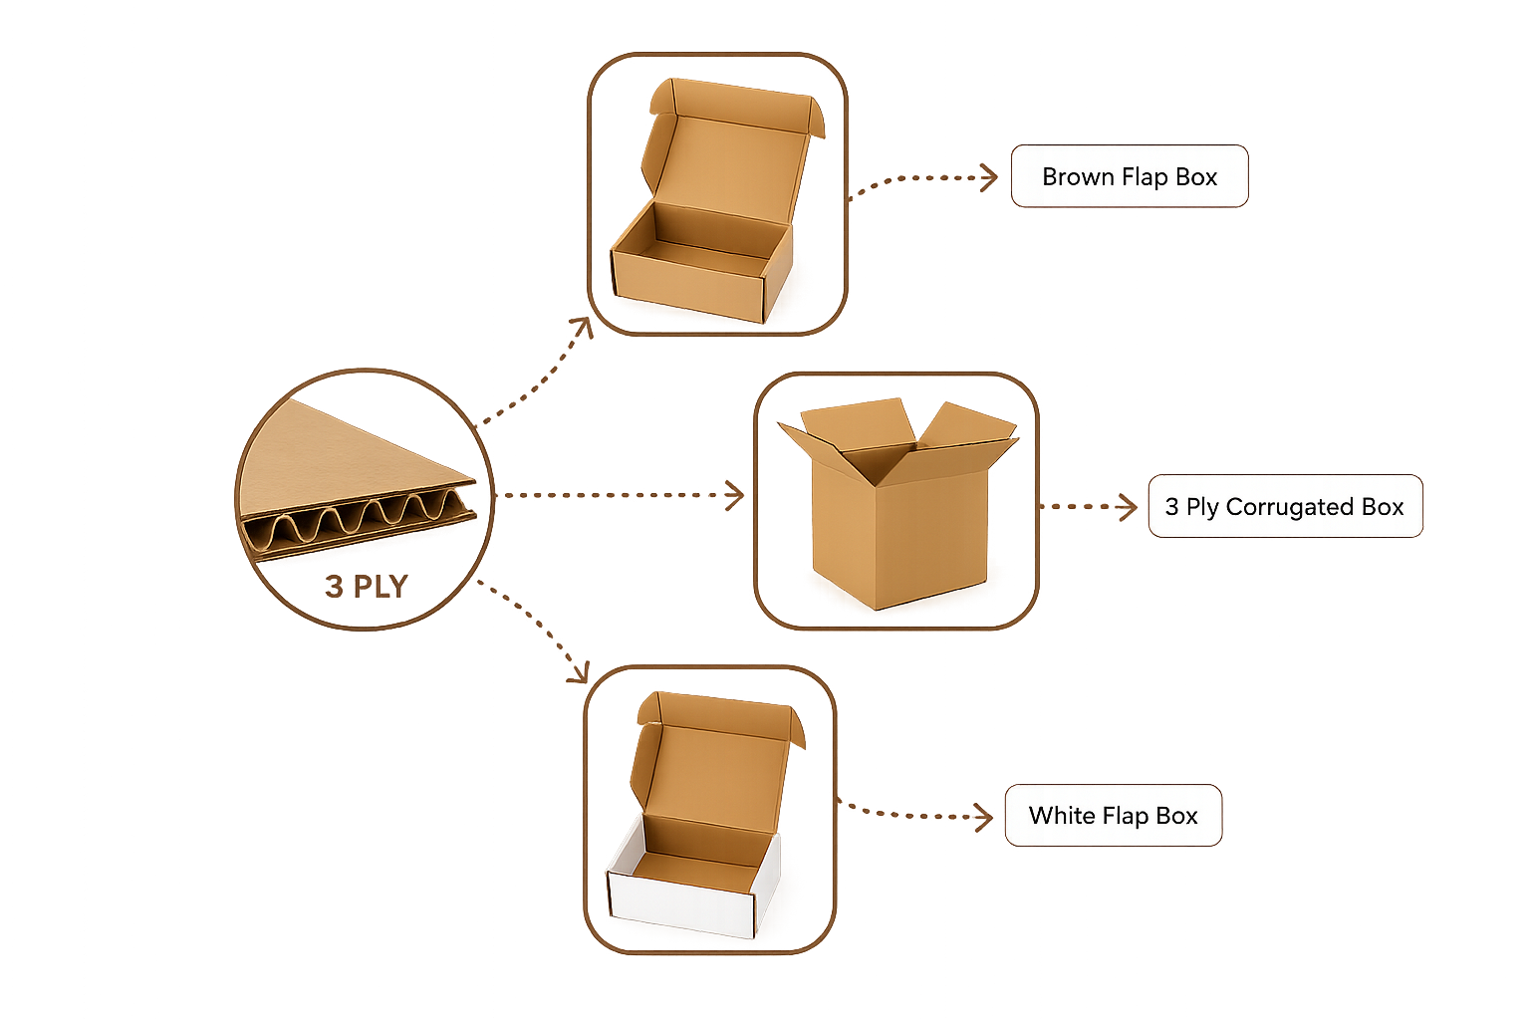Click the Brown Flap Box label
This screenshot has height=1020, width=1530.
tap(1130, 176)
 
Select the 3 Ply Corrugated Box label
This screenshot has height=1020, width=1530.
tap(1286, 506)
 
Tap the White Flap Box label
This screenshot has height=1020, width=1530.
tap(1114, 815)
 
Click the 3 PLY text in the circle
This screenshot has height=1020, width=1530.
tap(367, 586)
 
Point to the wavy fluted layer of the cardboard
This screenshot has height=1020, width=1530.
tap(356, 523)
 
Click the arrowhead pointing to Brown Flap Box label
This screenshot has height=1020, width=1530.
tap(990, 177)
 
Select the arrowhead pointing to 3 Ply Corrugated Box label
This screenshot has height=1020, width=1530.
tap(1128, 507)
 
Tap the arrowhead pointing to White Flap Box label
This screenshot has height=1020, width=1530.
tap(983, 817)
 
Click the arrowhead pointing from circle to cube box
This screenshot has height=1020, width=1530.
tap(735, 495)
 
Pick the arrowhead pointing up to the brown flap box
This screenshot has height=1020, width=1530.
tap(583, 327)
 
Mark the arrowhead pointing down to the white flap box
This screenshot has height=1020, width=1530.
tap(579, 673)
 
